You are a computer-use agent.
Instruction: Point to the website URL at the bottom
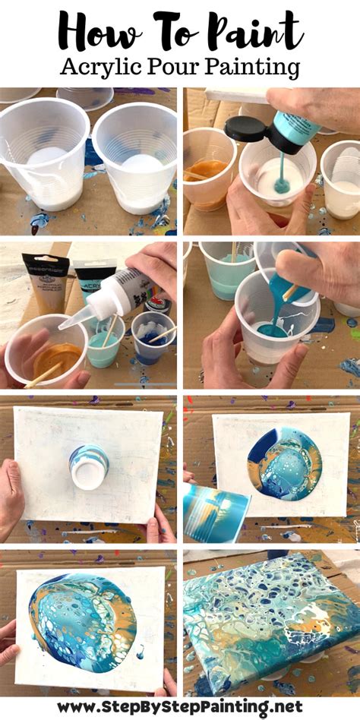pos(180,706)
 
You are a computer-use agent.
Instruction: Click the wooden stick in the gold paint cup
pos(46,373)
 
